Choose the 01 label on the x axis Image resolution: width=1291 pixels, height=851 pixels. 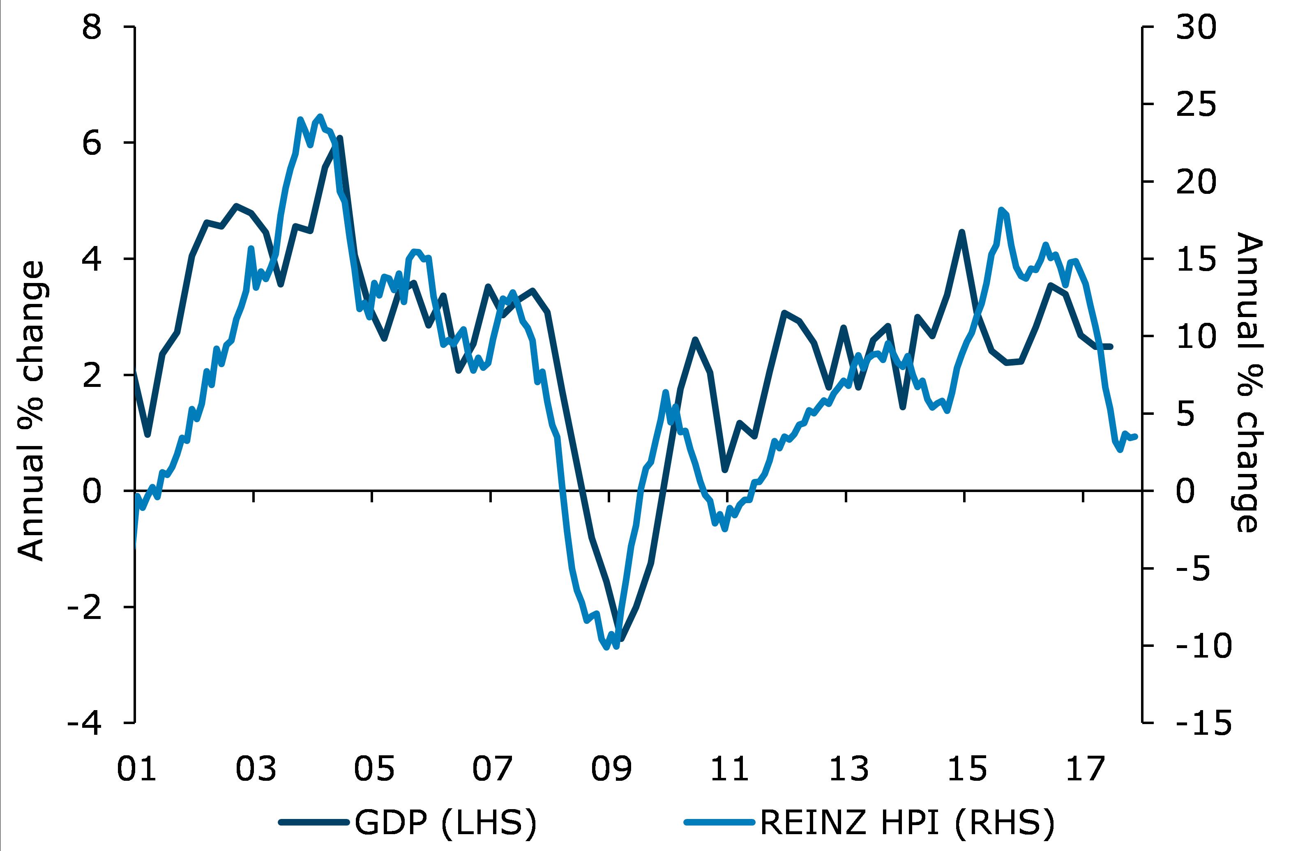[137, 769]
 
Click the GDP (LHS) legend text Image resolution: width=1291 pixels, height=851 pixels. [445, 823]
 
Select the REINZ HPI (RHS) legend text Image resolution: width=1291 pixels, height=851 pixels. [907, 823]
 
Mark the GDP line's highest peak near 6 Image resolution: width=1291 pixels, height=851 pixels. [339, 138]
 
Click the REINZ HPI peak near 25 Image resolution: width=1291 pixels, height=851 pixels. [320, 116]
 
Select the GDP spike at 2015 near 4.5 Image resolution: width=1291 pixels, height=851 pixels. [961, 232]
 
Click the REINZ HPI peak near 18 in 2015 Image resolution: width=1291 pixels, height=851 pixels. [1001, 209]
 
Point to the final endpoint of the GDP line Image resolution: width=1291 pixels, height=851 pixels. [1111, 346]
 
